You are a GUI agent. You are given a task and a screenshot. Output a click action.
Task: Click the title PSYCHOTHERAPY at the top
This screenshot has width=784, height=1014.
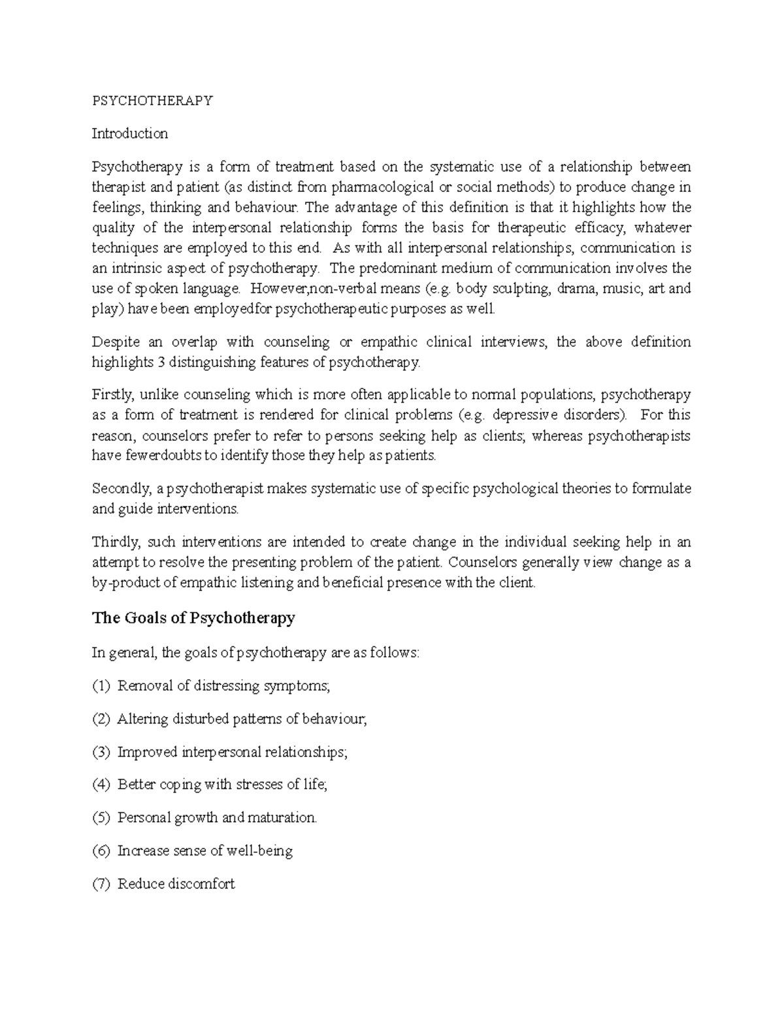[152, 101]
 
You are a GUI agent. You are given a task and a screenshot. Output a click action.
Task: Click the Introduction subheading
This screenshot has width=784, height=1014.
[129, 134]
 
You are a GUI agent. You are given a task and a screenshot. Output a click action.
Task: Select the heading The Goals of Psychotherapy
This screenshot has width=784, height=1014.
[193, 618]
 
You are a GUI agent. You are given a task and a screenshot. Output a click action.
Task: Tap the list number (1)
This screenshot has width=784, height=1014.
[101, 686]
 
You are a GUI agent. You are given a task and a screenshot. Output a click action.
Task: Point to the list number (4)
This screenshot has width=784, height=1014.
[101, 785]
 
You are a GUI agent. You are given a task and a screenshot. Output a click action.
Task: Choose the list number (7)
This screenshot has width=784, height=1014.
[101, 884]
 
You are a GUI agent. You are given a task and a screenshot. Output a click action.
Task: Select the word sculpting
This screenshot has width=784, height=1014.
[522, 289]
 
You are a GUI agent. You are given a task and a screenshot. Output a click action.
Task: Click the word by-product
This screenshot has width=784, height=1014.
[124, 582]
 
